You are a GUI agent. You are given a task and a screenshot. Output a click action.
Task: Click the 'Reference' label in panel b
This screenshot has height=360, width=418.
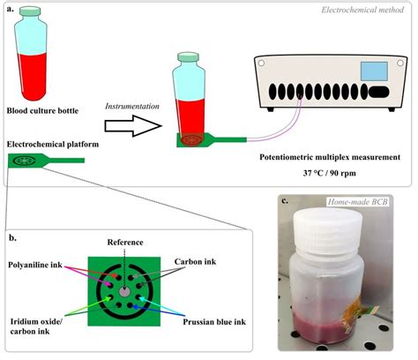pyautogui.click(x=125, y=242)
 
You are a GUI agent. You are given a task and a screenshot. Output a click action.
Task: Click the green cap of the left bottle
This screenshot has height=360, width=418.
pyautogui.click(x=37, y=19)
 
